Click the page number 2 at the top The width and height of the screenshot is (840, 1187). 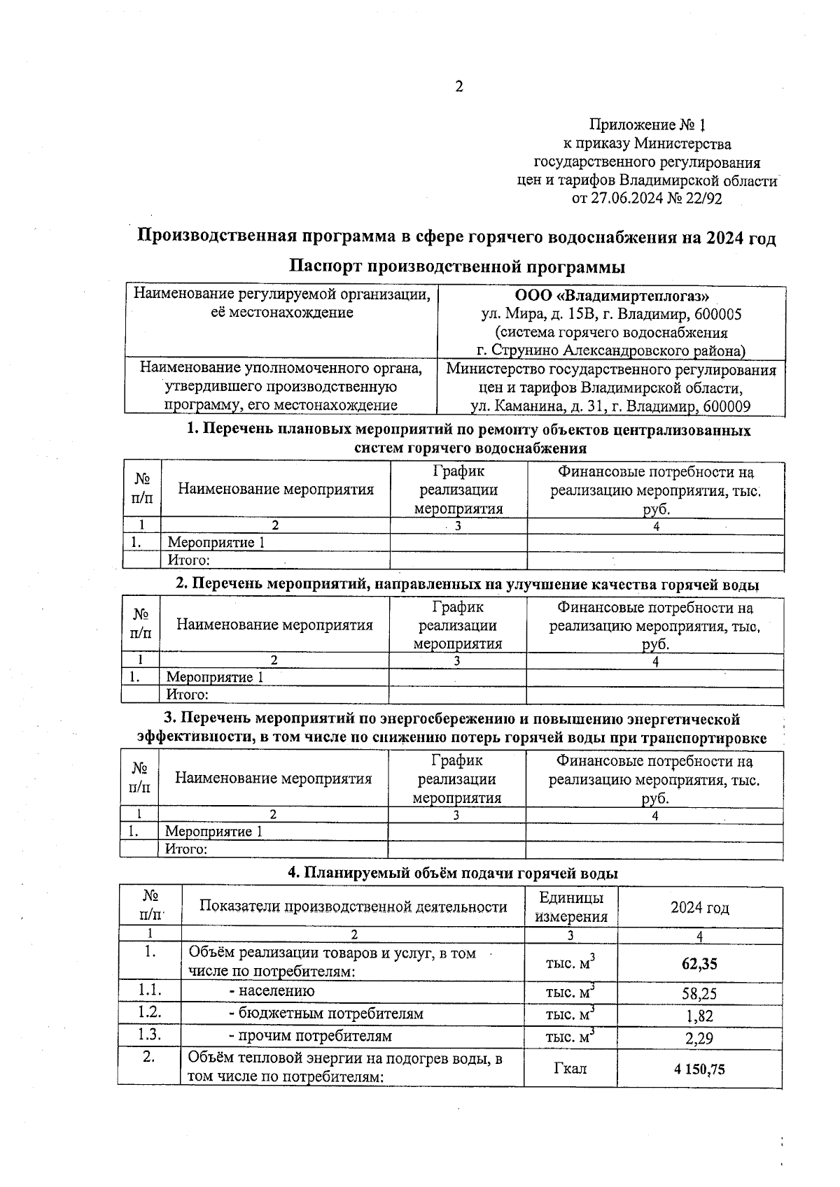(x=459, y=87)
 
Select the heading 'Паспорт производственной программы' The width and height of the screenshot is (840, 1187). (x=456, y=267)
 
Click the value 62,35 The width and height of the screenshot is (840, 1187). (x=699, y=964)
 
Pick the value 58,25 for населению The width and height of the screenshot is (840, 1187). (x=699, y=993)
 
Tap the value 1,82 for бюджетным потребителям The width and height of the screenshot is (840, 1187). (x=699, y=1016)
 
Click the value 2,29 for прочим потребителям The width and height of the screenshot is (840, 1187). (x=699, y=1038)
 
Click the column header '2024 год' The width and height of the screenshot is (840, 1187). (x=699, y=908)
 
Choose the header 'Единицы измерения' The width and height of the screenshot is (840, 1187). (x=570, y=907)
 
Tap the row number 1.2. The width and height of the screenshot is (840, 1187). (x=149, y=1013)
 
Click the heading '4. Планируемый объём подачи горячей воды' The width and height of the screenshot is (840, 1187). (x=453, y=874)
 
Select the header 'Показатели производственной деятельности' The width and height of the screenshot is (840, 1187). (x=353, y=907)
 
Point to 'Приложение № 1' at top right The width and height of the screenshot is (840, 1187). (x=647, y=125)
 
